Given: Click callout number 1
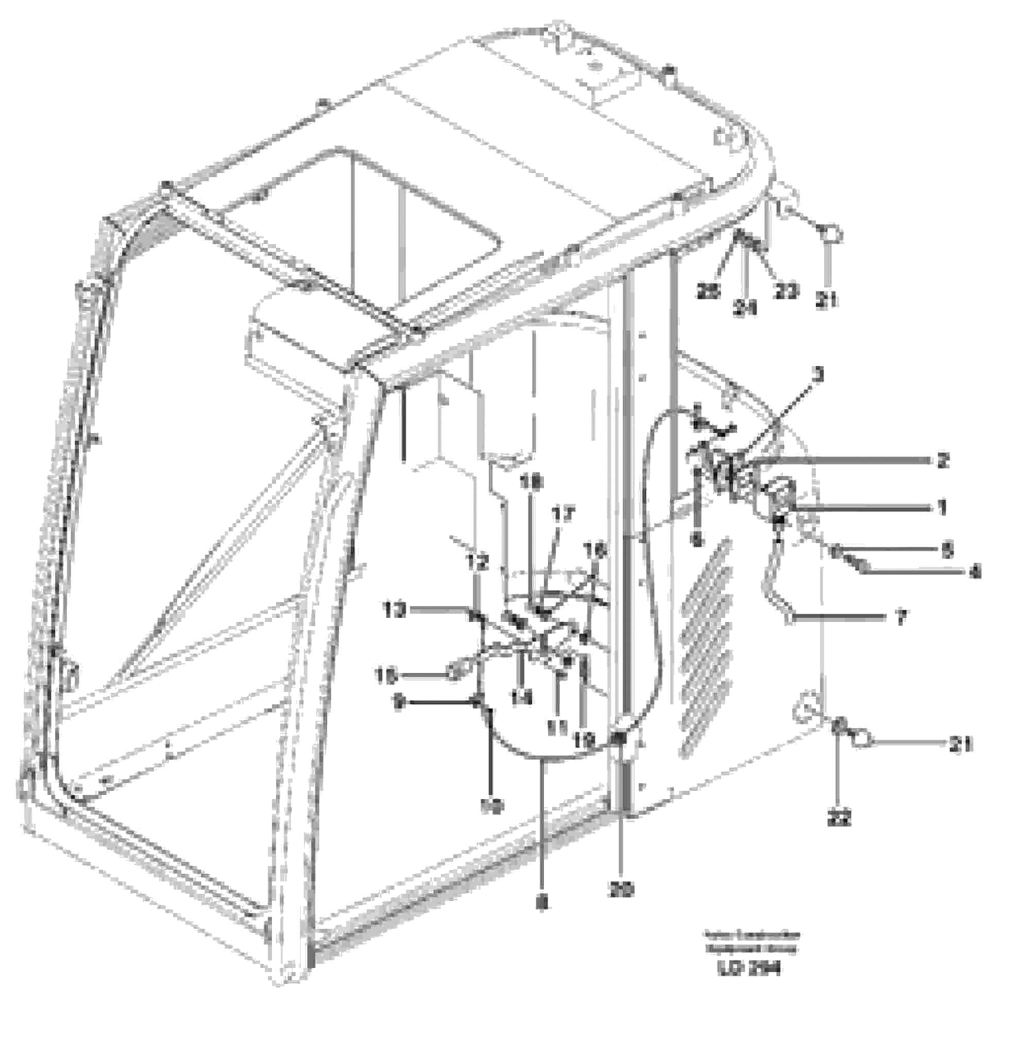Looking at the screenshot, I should [942, 508].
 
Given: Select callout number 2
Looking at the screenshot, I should [942, 461].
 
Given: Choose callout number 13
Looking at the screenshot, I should [396, 610].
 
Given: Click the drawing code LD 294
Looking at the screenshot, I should [749, 969].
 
